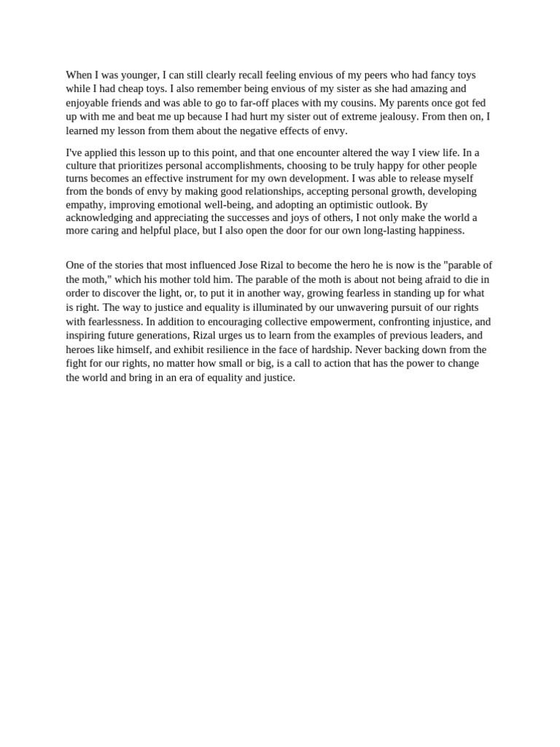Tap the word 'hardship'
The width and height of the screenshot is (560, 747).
click(327, 349)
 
